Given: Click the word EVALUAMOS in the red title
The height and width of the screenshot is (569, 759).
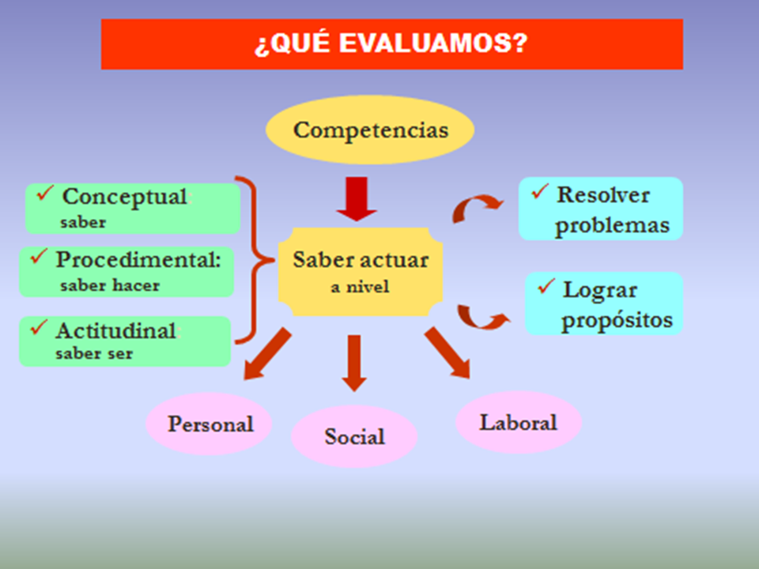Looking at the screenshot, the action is point(432,43).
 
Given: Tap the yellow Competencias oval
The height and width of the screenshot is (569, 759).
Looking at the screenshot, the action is point(370,130).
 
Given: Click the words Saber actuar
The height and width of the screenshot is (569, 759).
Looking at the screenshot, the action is point(361,260).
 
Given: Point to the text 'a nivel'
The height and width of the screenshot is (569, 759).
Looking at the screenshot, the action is point(361,287).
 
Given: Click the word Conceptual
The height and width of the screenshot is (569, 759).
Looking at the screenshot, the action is point(124,197).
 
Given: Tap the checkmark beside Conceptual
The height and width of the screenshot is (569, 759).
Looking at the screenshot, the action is point(44,193).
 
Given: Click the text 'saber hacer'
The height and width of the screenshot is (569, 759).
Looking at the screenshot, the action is point(110,285).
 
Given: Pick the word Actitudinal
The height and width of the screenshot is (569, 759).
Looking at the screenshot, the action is point(115,331).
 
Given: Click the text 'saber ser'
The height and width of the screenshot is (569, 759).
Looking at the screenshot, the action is point(94,353).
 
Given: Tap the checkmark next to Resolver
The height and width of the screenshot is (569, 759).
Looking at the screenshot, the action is point(540,191).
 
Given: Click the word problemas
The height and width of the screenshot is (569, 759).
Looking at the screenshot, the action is point(612,225).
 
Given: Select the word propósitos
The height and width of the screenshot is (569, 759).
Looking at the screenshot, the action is point(617,320).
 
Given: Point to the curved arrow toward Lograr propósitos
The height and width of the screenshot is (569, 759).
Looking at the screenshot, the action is point(482,318).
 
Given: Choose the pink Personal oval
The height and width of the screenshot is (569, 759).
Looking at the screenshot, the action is point(209,424).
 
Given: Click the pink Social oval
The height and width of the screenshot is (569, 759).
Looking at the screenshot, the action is point(354,436).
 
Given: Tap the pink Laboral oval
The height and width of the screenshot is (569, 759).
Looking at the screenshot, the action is point(519,422).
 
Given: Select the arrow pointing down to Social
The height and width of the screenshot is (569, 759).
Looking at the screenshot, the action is point(354,363).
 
